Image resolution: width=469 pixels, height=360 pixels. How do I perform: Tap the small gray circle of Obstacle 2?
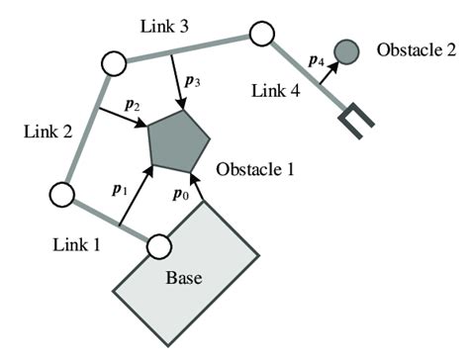click(345, 49)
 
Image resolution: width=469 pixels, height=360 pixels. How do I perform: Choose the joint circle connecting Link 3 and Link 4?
click(260, 35)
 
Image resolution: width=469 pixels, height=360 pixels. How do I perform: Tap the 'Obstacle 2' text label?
click(410, 48)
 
